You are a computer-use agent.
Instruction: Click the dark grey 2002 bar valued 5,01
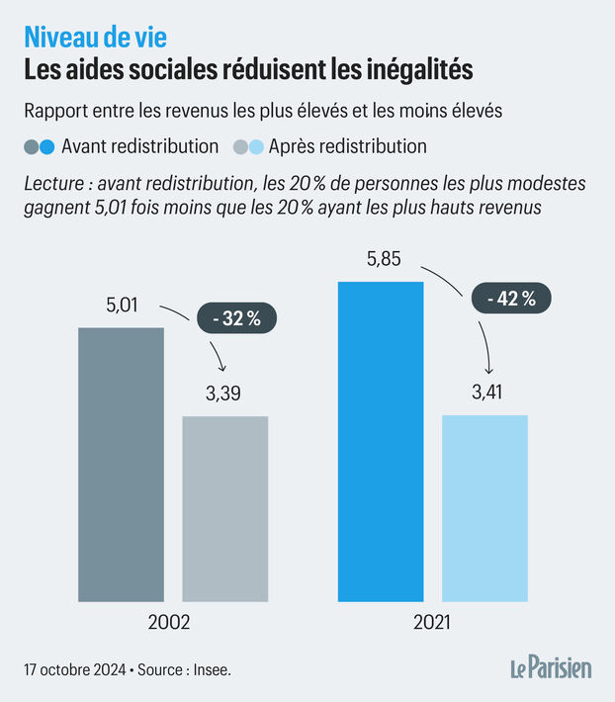click(121, 464)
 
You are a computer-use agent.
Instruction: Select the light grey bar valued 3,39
click(224, 508)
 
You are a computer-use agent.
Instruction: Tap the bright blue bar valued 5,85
click(381, 441)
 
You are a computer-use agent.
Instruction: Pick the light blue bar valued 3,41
click(484, 507)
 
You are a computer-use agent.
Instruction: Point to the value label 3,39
click(223, 394)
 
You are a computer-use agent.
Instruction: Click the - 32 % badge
click(237, 318)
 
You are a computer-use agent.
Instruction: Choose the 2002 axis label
click(168, 624)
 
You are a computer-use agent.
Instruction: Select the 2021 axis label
click(431, 624)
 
